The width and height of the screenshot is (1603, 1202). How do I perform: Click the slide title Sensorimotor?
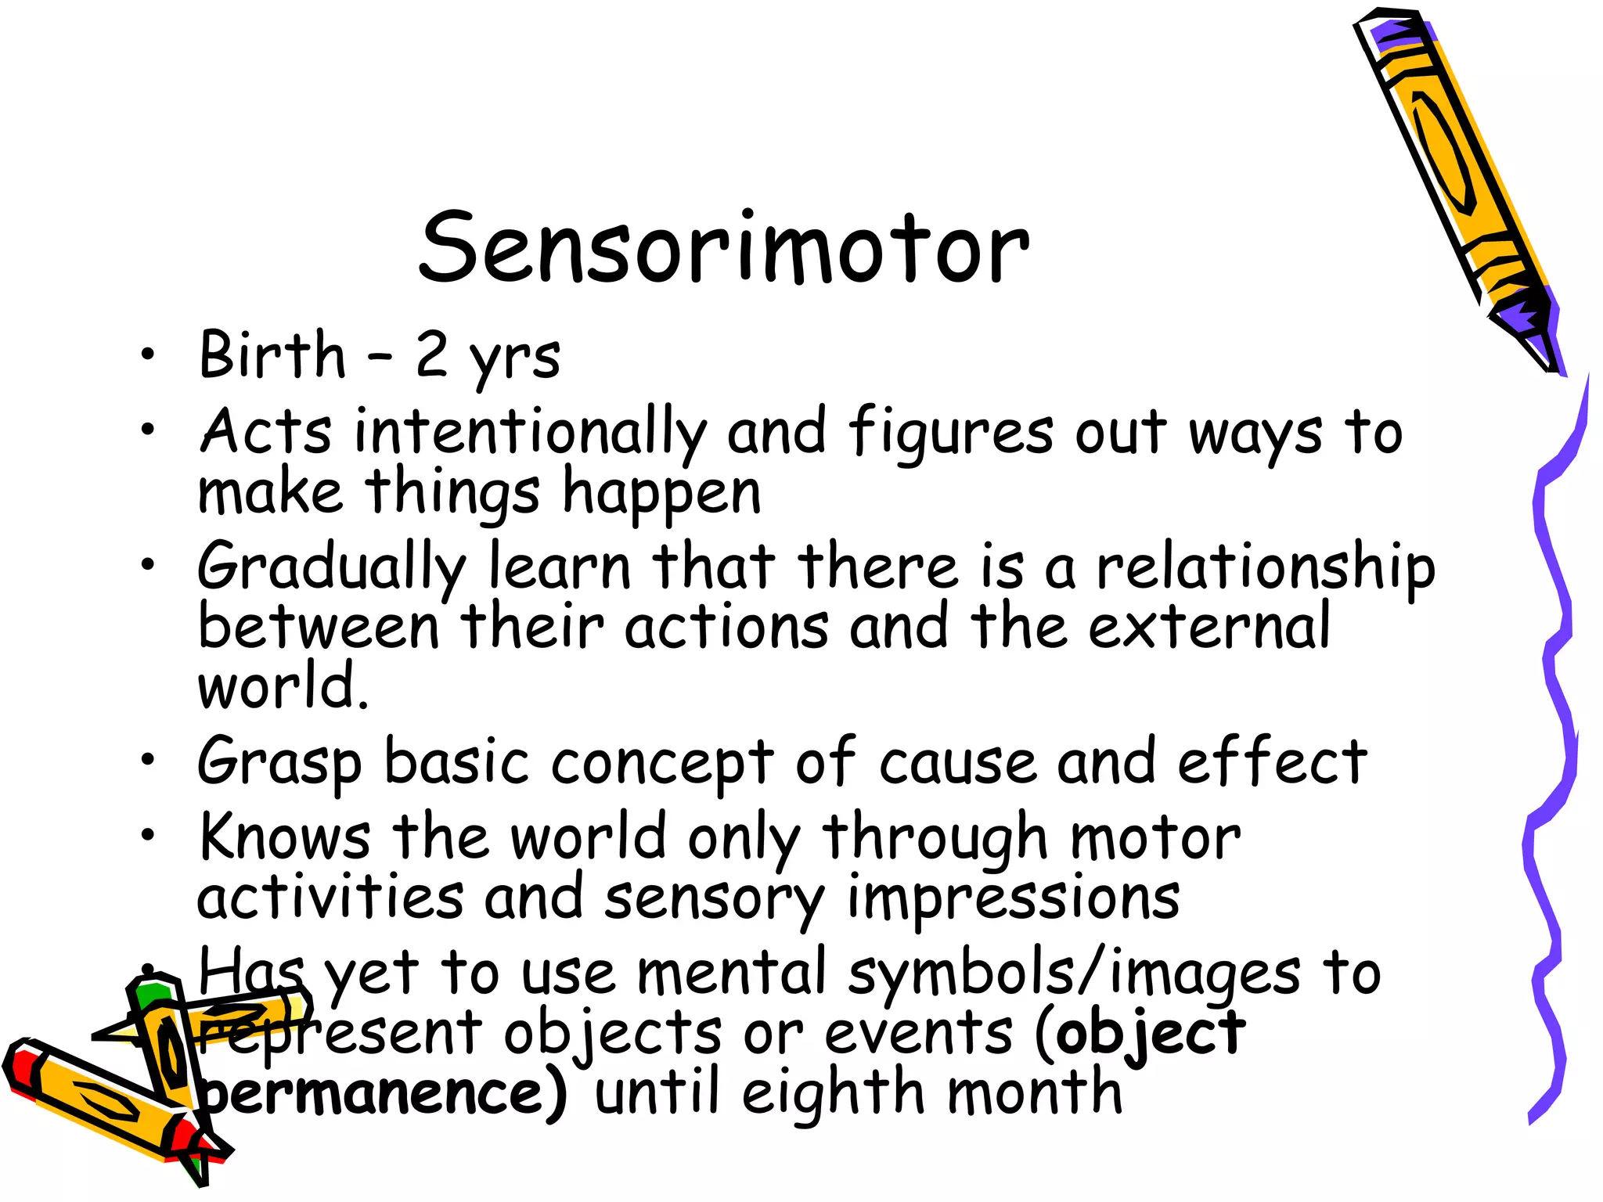point(724,249)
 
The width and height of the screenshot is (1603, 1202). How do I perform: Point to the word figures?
point(950,433)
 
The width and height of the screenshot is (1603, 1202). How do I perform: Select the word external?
point(1209,627)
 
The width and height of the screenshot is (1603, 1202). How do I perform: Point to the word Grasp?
point(279,763)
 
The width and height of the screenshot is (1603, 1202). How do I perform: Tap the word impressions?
point(1013,898)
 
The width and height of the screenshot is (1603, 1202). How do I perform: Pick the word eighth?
point(833,1093)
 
